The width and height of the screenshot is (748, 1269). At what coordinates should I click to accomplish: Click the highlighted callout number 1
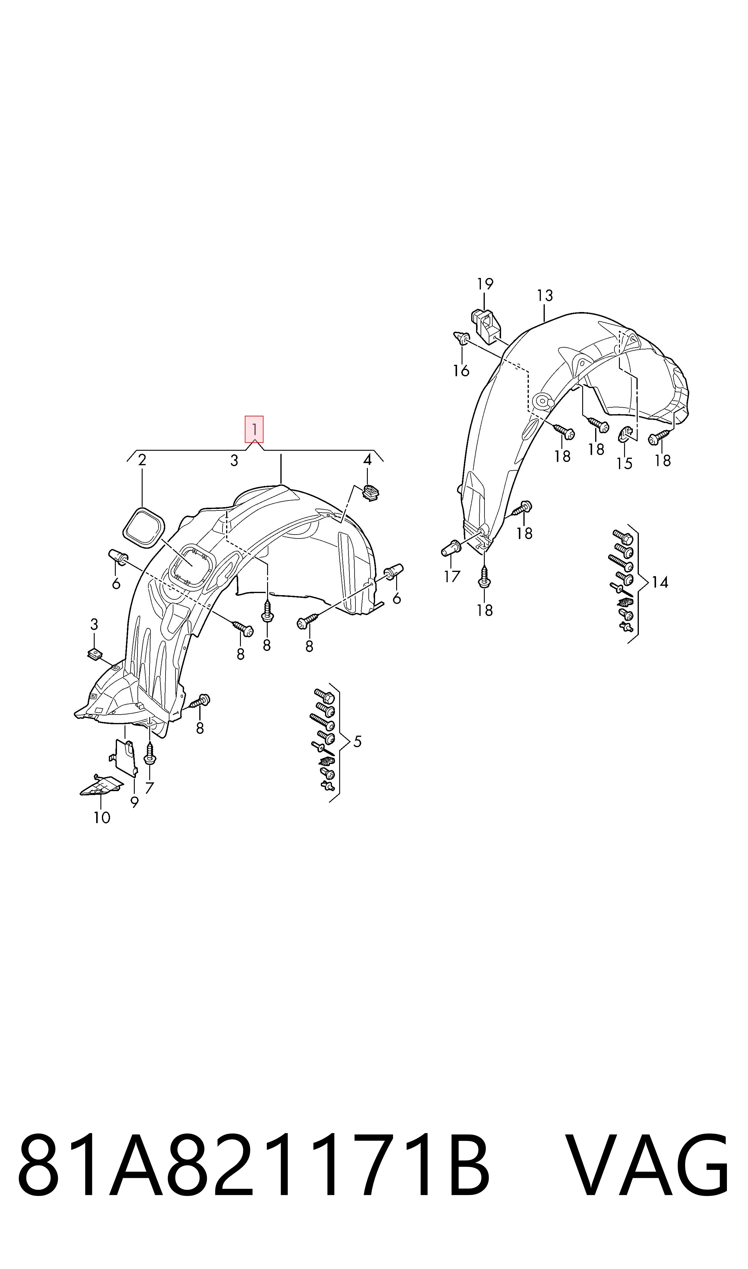tap(254, 429)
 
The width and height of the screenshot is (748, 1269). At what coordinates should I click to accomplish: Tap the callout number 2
tap(142, 460)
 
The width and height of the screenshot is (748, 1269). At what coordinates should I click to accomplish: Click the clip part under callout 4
tap(371, 492)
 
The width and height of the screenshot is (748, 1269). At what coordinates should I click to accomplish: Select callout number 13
tap(545, 295)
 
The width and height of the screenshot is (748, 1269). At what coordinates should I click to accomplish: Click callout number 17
tap(452, 576)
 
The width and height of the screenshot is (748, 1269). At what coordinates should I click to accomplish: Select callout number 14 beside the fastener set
tap(660, 582)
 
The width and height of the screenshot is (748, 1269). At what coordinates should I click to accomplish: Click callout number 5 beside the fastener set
tap(357, 741)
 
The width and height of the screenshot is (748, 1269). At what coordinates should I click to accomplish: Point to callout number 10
tap(102, 817)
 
